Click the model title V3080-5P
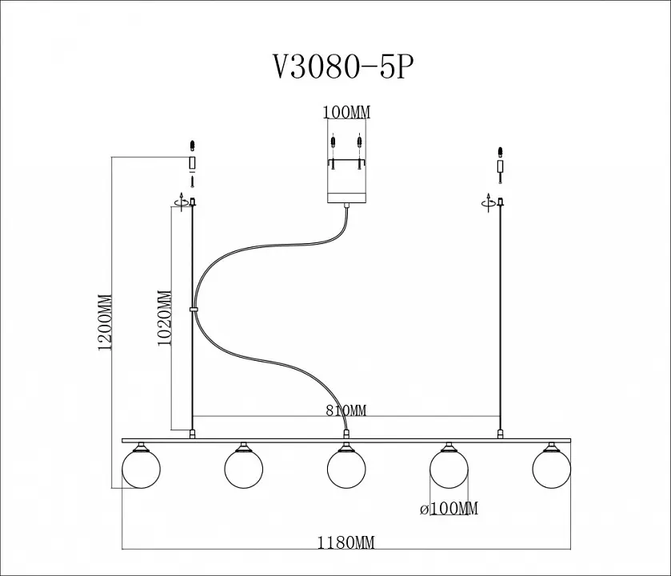[x=344, y=67]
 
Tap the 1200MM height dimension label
[x=105, y=322]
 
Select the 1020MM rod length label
[x=165, y=318]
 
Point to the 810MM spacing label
[x=346, y=410]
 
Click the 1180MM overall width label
[x=345, y=542]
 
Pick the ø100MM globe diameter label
[x=449, y=508]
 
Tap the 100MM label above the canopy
[x=346, y=112]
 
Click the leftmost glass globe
[x=141, y=469]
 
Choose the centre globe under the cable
[x=346, y=469]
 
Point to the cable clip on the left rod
[x=194, y=309]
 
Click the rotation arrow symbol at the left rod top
[x=182, y=202]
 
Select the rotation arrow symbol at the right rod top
[x=489, y=202]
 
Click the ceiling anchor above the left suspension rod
[x=193, y=163]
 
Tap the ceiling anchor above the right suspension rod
[x=499, y=165]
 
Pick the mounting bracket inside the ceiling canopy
[x=346, y=162]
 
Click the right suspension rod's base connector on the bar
[x=499, y=434]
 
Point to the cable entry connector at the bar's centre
[x=346, y=434]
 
